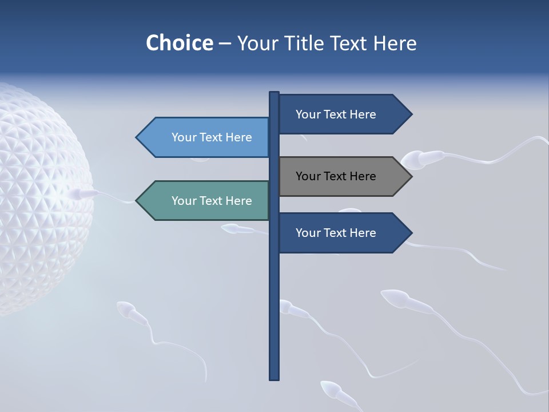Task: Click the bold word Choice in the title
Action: (179, 43)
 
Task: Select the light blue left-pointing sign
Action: (206, 137)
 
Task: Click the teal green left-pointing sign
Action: (206, 201)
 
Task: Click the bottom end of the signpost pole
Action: (274, 377)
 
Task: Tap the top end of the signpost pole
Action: (274, 94)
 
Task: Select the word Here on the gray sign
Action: (363, 176)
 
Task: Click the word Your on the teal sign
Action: (184, 201)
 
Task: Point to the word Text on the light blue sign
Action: (212, 137)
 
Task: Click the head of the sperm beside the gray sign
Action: (413, 160)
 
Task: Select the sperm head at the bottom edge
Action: (331, 389)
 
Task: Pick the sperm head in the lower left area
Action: (124, 309)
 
